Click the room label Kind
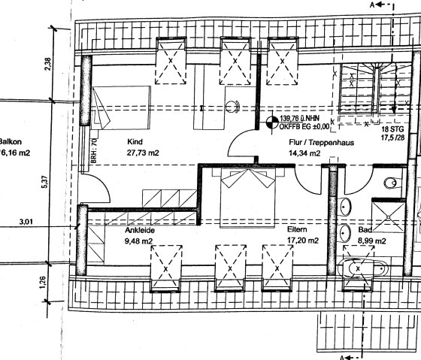(135, 141)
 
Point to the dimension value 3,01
(25, 222)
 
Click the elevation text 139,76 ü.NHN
(298, 119)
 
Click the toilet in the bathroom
(389, 183)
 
